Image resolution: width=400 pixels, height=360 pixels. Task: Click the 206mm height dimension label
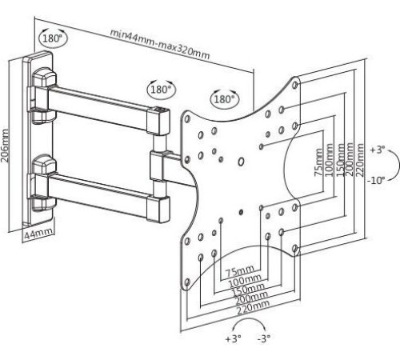5,146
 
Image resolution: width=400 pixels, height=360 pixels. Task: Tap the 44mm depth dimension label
38,234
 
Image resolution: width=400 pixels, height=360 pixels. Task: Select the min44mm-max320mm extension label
160,44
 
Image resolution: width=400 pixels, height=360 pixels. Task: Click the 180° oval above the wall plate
53,38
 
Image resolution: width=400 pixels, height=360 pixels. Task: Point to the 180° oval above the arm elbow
161,90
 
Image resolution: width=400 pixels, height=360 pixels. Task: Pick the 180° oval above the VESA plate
225,99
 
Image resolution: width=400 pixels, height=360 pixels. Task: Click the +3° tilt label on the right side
378,150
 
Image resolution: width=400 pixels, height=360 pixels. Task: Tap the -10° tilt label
376,181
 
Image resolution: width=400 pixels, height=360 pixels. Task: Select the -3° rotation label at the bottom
264,338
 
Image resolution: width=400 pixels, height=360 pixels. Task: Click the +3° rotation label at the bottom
234,338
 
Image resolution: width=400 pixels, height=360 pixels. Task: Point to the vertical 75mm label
318,162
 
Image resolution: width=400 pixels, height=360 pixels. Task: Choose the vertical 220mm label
360,160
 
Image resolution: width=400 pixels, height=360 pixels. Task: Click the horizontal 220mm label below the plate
254,306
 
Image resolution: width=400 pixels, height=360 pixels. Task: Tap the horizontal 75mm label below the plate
240,272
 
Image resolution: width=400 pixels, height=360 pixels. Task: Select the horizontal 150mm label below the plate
248,290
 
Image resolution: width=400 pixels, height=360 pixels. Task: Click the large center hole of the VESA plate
241,162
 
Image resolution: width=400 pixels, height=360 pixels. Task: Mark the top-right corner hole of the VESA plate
295,85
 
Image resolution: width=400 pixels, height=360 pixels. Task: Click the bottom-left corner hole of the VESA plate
187,282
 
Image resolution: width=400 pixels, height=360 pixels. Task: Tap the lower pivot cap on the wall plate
44,163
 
